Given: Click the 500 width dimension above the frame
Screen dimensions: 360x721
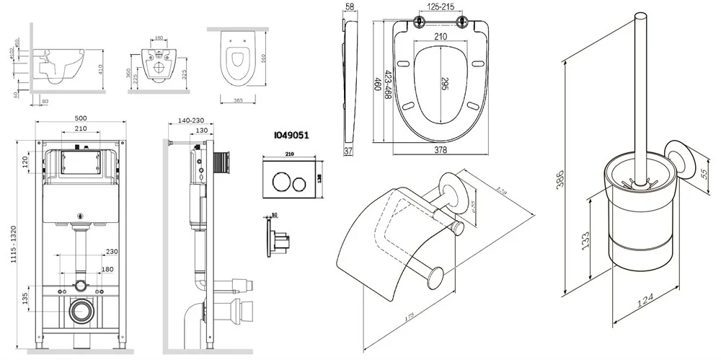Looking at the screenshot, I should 80,118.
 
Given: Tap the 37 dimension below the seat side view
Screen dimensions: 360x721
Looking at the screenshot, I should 348,151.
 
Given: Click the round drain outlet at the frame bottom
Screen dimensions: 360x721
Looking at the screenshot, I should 81,312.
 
